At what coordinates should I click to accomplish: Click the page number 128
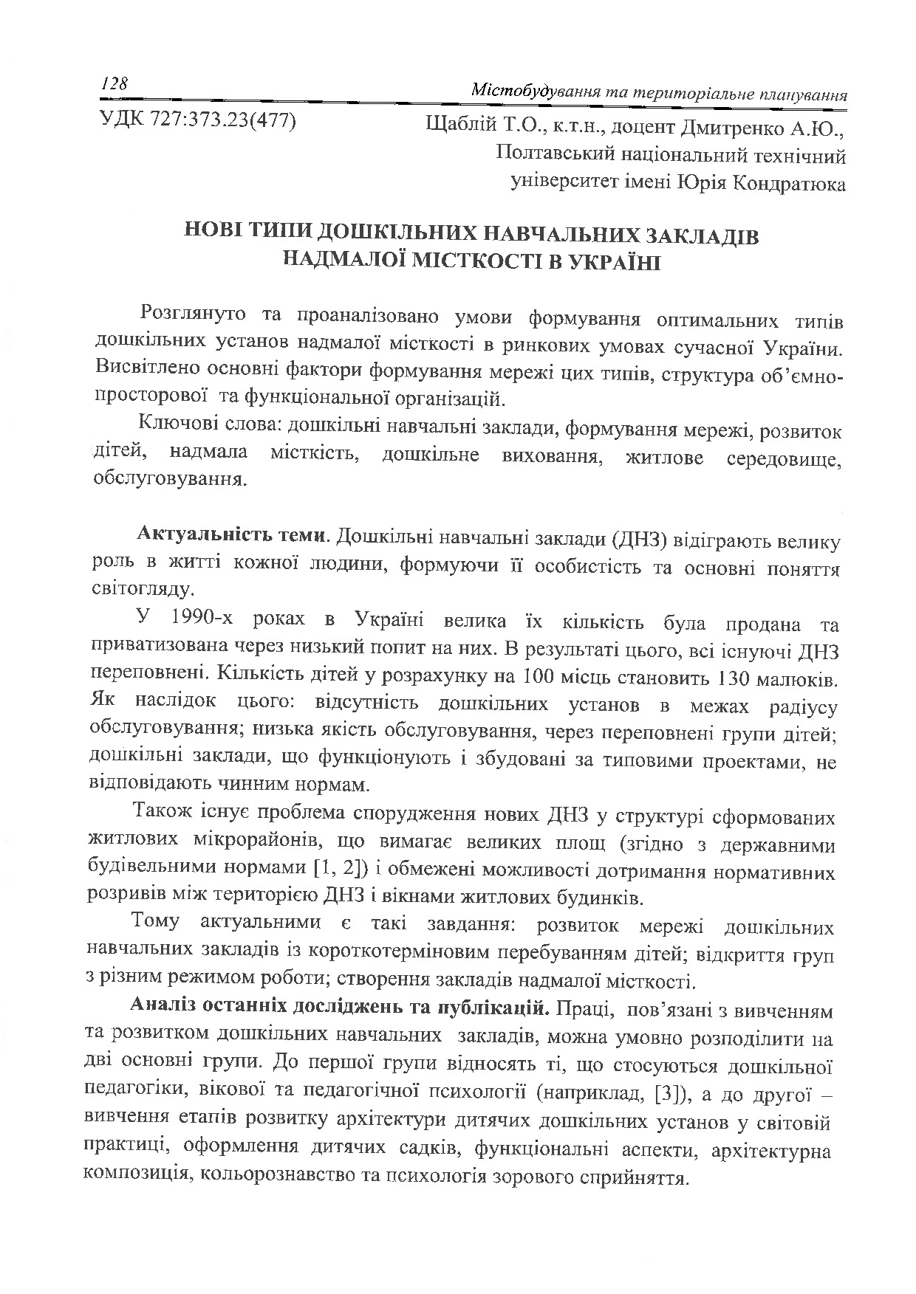click(x=115, y=84)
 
